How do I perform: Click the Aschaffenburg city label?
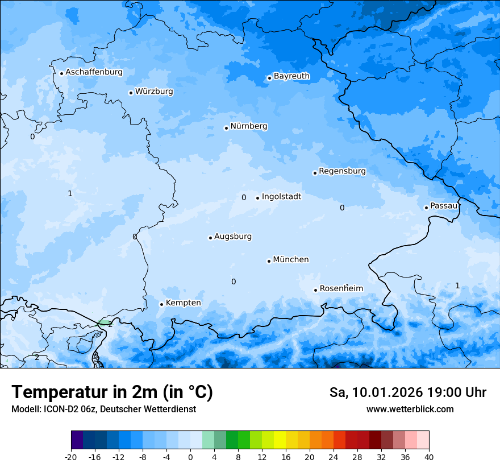[94, 72]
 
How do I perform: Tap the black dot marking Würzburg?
[131, 93]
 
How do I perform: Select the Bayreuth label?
[291, 76]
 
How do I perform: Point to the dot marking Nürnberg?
[226, 128]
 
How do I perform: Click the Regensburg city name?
[342, 171]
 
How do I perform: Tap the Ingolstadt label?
[281, 197]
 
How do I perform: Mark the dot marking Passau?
[426, 208]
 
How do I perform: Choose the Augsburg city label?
[233, 237]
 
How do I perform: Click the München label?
[291, 260]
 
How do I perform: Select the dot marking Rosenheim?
[315, 290]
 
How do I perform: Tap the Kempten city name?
[183, 303]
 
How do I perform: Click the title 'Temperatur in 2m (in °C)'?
[112, 392]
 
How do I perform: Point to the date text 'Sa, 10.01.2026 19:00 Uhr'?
[407, 392]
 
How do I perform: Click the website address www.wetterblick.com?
[410, 409]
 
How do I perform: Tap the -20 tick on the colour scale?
[71, 456]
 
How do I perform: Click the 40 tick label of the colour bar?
[429, 456]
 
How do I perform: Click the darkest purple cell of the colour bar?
[77, 440]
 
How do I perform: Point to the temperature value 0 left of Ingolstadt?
[244, 198]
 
